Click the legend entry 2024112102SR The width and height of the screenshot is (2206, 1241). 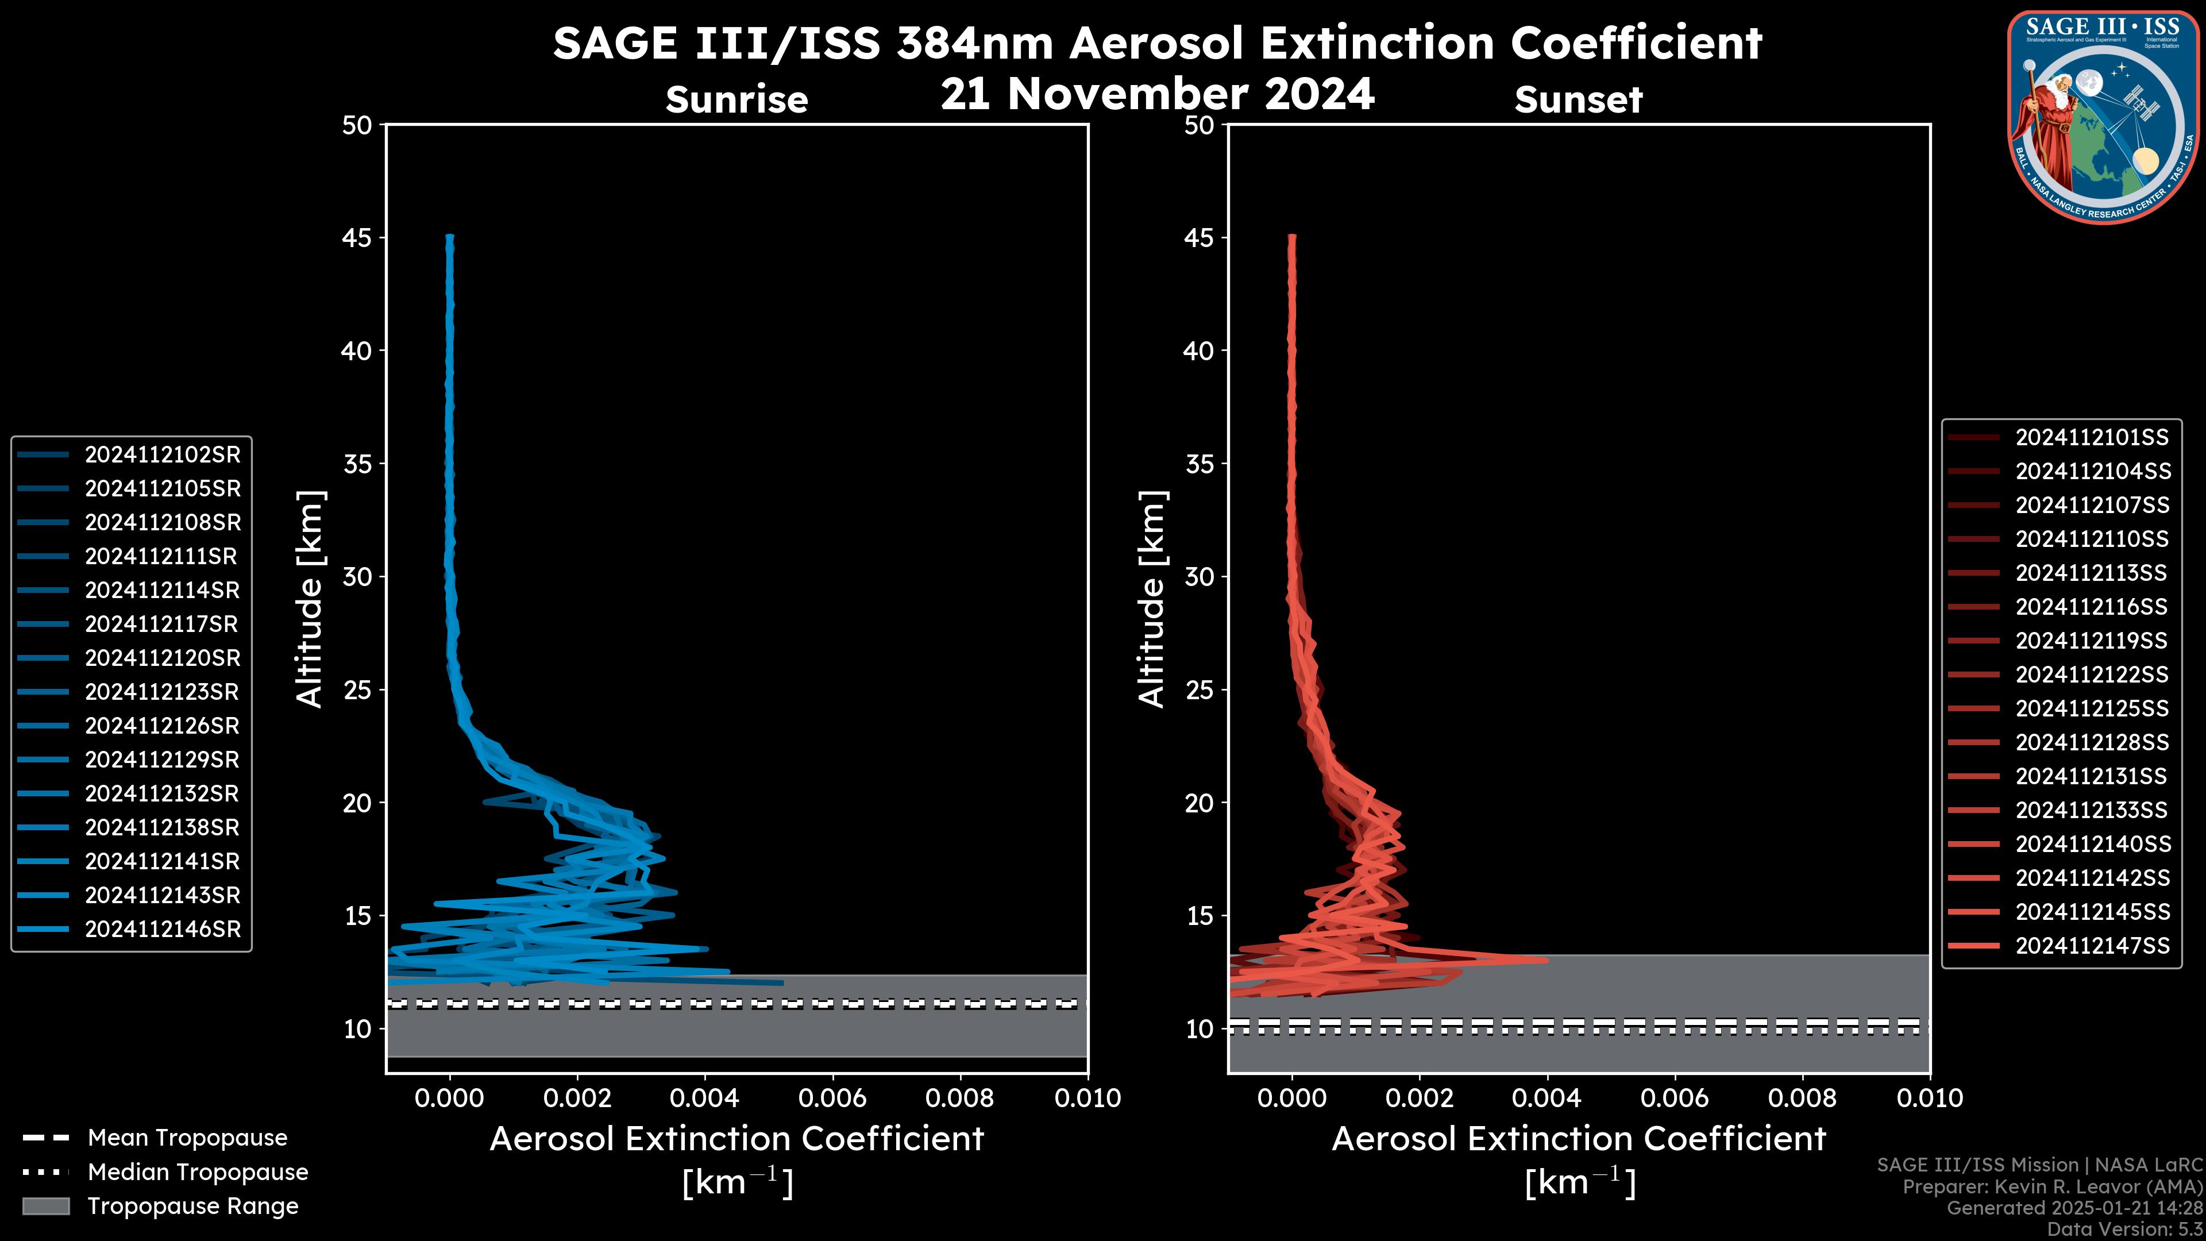(x=162, y=455)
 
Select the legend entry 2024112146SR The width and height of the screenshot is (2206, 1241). (x=162, y=929)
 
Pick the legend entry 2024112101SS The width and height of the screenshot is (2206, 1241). (x=2091, y=438)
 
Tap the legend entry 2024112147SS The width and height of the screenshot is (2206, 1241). (x=2091, y=946)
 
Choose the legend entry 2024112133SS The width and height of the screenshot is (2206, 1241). (x=2091, y=810)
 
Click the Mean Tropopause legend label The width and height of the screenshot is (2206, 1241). (x=187, y=1138)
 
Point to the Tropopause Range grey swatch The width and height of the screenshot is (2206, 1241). (x=45, y=1206)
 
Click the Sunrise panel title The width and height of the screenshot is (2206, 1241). (x=736, y=100)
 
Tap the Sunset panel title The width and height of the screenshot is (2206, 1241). (x=1578, y=100)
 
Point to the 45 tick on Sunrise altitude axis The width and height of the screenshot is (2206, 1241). (x=357, y=237)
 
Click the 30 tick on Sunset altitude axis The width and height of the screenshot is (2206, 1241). (x=1200, y=576)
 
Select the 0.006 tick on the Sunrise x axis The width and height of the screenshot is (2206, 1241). (x=832, y=1098)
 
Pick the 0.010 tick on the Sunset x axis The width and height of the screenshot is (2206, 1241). (x=1930, y=1098)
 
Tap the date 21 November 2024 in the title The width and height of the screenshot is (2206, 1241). (x=1157, y=94)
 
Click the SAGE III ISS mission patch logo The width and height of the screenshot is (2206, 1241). (x=2103, y=117)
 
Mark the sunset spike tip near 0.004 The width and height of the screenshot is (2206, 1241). (x=1545, y=960)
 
